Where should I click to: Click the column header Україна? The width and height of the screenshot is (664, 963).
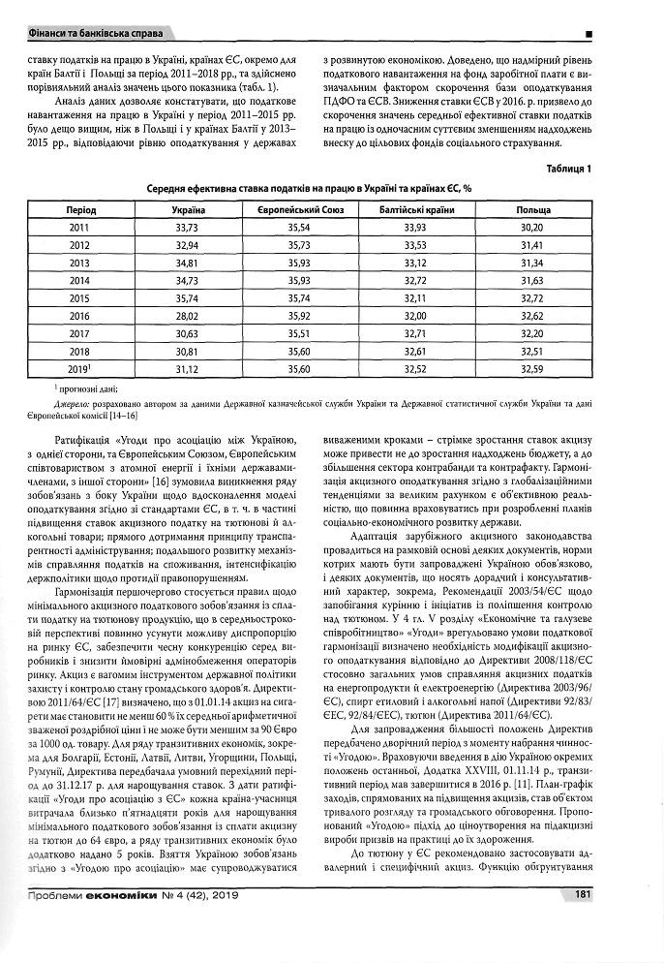tap(187, 209)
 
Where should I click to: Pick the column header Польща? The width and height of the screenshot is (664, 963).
tap(532, 209)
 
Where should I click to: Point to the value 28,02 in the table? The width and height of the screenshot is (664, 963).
tap(187, 316)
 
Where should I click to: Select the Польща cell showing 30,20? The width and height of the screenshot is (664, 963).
tap(532, 227)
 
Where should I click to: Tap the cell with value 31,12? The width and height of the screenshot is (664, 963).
tap(187, 369)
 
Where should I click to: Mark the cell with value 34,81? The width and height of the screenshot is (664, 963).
tap(187, 263)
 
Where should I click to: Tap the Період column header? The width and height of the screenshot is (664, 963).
tap(80, 209)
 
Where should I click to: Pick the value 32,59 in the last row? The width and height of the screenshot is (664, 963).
tap(532, 369)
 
